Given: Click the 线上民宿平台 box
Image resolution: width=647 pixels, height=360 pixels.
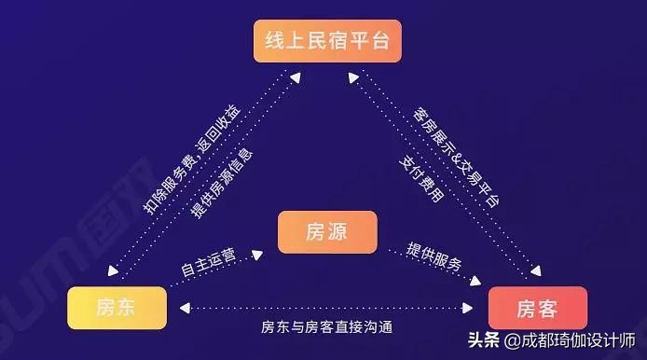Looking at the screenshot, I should pyautogui.click(x=323, y=41).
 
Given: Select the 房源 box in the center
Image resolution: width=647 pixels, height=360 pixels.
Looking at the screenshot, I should pyautogui.click(x=326, y=232).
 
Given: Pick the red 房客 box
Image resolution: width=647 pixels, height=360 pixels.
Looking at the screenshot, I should pyautogui.click(x=538, y=308).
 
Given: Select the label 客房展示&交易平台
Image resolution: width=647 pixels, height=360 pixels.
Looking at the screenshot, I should pyautogui.click(x=455, y=156).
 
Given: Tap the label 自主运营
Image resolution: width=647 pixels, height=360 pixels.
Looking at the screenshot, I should pyautogui.click(x=208, y=262).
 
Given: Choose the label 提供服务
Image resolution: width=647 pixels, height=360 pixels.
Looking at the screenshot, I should pyautogui.click(x=434, y=256).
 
